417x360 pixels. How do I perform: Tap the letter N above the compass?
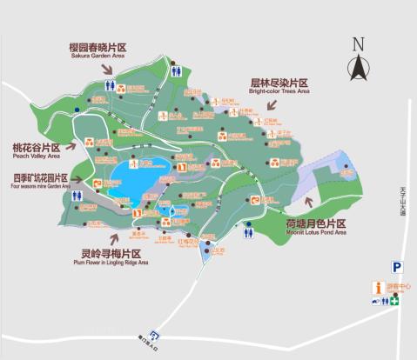[x=357, y=44]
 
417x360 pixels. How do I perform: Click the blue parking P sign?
[x=396, y=267]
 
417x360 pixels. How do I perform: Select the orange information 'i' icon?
[x=378, y=287]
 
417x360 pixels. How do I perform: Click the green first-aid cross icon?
[x=394, y=301]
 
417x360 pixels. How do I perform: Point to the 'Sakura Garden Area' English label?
[x=98, y=56]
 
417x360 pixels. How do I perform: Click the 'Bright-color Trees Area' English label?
[x=279, y=90]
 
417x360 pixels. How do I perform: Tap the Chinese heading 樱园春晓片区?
[x=98, y=46]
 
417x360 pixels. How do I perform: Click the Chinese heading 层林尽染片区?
[x=279, y=82]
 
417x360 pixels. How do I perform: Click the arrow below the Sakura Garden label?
[x=108, y=69]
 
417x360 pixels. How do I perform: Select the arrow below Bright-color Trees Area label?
[x=252, y=105]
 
